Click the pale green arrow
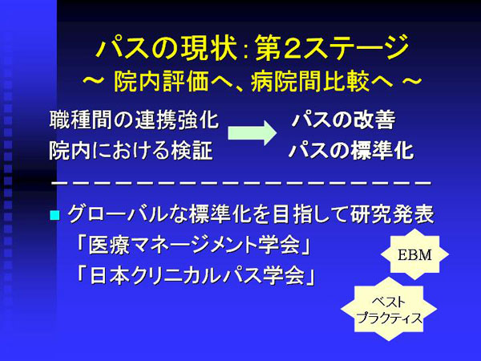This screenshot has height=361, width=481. (x=252, y=132)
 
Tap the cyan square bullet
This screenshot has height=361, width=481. (x=55, y=215)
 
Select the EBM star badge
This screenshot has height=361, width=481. (x=414, y=254)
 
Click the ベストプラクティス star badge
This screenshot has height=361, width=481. (x=389, y=310)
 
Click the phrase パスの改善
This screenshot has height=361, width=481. (x=344, y=120)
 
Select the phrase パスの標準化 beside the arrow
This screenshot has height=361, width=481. (x=351, y=151)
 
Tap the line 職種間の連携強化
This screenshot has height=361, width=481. (x=134, y=120)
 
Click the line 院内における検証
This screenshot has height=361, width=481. (x=131, y=151)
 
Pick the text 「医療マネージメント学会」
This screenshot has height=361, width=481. (x=193, y=245)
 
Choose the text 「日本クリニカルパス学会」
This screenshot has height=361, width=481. (x=196, y=275)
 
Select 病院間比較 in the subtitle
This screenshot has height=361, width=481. (x=310, y=82)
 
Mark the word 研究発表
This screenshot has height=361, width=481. (x=392, y=214)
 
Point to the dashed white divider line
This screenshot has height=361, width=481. (x=242, y=183)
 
